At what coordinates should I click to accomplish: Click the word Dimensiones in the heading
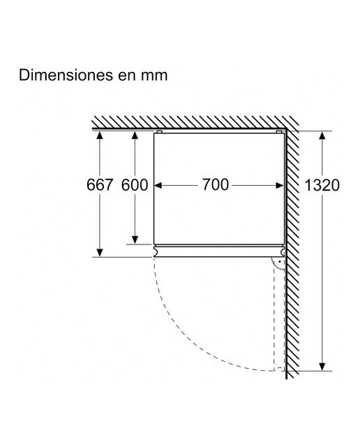[66, 75]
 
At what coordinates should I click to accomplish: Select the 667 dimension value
[100, 184]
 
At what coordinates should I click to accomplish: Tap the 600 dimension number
[135, 184]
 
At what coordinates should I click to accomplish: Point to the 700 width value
[216, 184]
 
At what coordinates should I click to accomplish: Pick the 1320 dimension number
[322, 185]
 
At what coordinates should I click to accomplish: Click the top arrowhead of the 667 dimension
[99, 135]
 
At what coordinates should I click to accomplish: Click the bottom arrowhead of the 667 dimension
[99, 252]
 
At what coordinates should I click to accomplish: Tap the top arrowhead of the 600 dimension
[135, 135]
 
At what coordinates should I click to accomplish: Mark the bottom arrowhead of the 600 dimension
[135, 240]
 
